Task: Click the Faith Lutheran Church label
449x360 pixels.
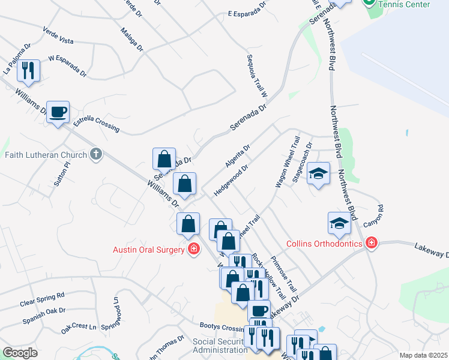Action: (46, 155)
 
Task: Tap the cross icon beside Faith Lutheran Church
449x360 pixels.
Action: (95, 155)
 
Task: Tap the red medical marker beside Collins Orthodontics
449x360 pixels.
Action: (371, 243)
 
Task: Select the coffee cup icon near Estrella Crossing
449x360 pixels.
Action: (58, 112)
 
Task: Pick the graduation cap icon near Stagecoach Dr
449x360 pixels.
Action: (319, 174)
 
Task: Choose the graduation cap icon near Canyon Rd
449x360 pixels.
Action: (339, 224)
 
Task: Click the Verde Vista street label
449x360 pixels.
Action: (58, 35)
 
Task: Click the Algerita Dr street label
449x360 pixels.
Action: (237, 155)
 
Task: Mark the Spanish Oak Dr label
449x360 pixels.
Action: (44, 316)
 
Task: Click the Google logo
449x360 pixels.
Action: (20, 353)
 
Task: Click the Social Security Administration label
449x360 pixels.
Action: (220, 346)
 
